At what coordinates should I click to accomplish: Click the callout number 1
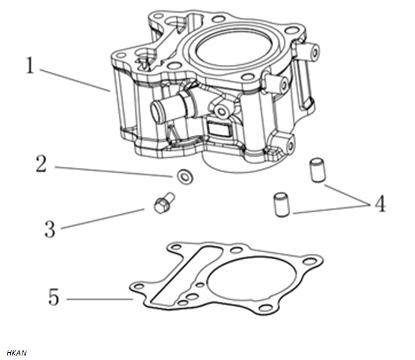pos(30,66)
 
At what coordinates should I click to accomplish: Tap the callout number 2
pos(42,164)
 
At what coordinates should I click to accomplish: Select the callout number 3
pos(50,229)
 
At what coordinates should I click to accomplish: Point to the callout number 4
pos(380,203)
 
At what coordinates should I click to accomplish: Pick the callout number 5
pos(54,297)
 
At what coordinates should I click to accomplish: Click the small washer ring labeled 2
pos(185,176)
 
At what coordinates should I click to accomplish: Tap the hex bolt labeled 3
pos(164,203)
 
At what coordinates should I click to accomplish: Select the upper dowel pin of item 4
pos(317,170)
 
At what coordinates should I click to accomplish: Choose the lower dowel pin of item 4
pos(281,205)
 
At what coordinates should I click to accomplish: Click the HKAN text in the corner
pos(17,353)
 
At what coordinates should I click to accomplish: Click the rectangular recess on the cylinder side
pos(218,129)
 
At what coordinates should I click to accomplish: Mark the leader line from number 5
pos(100,299)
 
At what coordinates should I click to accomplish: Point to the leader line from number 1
pos(75,80)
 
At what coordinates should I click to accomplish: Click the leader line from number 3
pos(103,219)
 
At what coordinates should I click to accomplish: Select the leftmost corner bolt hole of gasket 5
pos(139,287)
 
